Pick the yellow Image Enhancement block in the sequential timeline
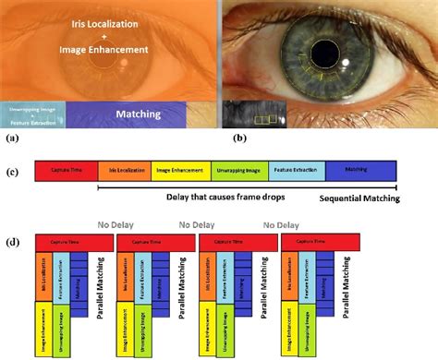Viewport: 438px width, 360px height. [x=176, y=170]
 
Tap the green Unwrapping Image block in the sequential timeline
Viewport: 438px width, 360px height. [x=228, y=170]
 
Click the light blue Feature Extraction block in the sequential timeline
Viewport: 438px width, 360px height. [x=288, y=170]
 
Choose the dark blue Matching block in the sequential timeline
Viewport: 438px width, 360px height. [x=356, y=170]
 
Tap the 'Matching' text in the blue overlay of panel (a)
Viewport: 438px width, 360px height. [x=139, y=114]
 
